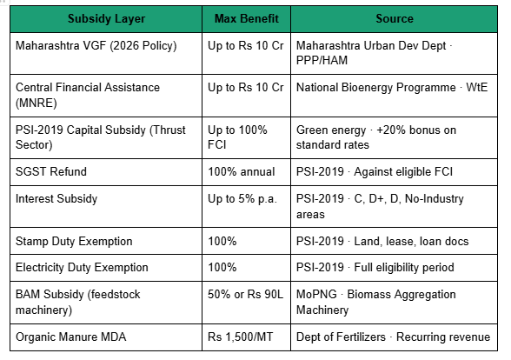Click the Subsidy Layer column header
coord(106,18)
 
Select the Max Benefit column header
coord(247,18)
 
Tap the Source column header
coord(395,18)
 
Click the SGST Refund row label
coord(51,171)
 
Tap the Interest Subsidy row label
coord(56,198)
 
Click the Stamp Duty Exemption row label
coord(74,242)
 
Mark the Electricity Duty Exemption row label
coord(82,268)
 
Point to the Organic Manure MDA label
coord(70,337)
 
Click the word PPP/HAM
coord(322,60)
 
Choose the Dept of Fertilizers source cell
coord(393,337)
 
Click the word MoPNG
coord(316,294)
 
